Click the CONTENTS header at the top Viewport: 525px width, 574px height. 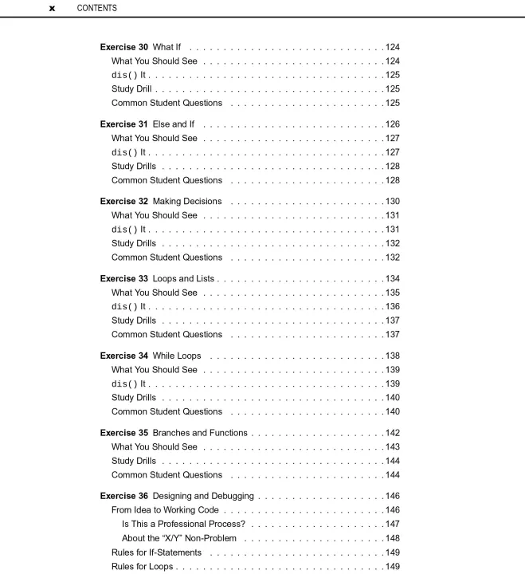click(96, 8)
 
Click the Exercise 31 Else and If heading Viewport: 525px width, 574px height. click(147, 124)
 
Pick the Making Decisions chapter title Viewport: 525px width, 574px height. click(186, 201)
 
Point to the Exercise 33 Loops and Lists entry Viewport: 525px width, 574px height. click(157, 278)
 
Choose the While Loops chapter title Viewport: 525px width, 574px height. click(176, 356)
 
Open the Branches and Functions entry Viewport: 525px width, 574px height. click(199, 433)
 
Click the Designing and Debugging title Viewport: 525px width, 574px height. click(202, 496)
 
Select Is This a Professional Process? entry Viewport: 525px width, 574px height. click(183, 524)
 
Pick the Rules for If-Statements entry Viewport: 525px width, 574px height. click(156, 552)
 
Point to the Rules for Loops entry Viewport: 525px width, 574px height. click(142, 567)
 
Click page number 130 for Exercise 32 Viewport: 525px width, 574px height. click(392, 201)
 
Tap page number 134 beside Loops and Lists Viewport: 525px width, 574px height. click(392, 278)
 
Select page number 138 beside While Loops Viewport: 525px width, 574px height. click(392, 356)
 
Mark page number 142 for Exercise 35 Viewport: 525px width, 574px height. click(392, 433)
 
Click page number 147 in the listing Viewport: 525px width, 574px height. click(392, 524)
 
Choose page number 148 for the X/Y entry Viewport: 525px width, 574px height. click(392, 538)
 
